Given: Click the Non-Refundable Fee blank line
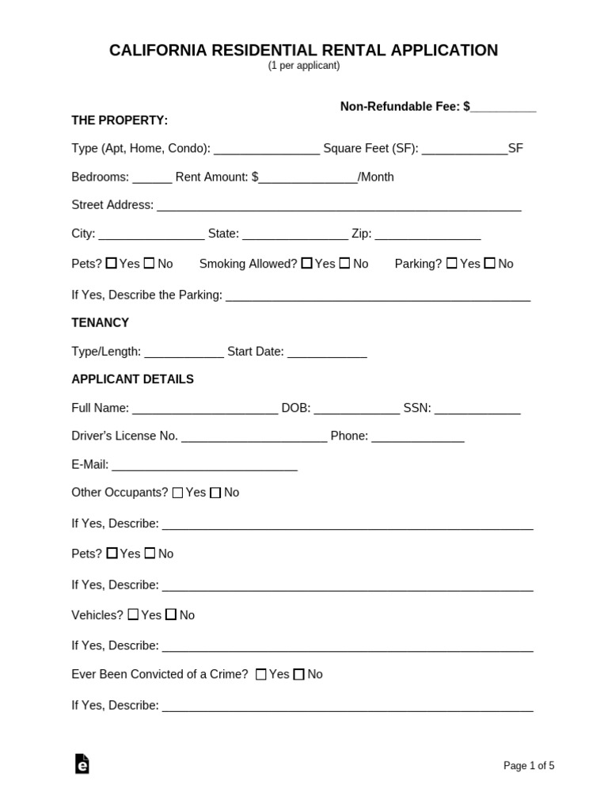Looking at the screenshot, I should (503, 107).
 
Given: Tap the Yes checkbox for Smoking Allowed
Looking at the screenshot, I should (306, 264).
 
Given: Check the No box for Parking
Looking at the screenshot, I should (490, 264).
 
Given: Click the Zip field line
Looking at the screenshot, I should (427, 235).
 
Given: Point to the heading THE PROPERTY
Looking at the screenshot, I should (120, 120).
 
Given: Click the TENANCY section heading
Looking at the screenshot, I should (100, 323).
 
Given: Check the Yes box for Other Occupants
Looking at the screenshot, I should (177, 493).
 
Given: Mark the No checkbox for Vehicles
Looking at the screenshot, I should (171, 615).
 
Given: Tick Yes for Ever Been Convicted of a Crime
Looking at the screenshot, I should (261, 675).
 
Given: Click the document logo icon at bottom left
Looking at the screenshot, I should (82, 763).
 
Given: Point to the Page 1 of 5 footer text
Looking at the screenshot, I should (529, 766).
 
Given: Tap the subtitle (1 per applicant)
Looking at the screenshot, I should (303, 66).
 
